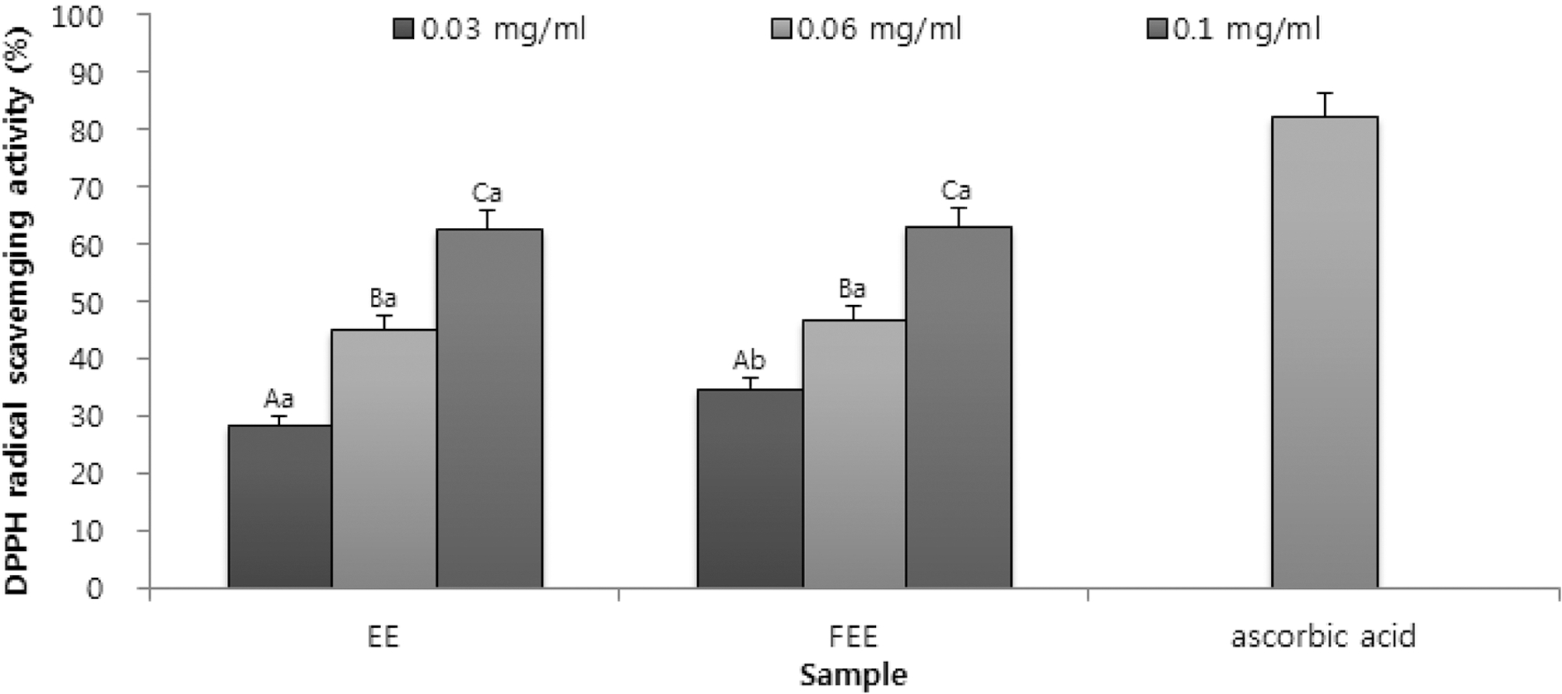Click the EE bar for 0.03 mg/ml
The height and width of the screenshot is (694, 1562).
click(x=280, y=506)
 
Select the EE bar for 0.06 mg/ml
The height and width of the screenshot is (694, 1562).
click(x=383, y=458)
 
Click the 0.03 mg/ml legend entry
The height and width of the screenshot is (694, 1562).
click(x=490, y=30)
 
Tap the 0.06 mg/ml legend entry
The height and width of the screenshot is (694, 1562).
click(x=867, y=30)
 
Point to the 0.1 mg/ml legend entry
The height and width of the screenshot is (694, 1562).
click(x=1235, y=30)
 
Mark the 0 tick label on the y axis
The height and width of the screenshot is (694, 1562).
click(x=94, y=588)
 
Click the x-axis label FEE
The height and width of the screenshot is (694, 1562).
click(x=853, y=637)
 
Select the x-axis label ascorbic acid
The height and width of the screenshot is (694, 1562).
click(x=1323, y=637)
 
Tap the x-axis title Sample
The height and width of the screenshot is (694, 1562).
click(x=853, y=675)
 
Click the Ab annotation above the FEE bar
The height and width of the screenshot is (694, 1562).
click(x=749, y=361)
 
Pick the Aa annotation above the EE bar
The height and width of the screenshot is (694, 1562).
click(x=279, y=400)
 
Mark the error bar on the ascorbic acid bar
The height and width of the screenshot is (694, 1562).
click(x=1324, y=104)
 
